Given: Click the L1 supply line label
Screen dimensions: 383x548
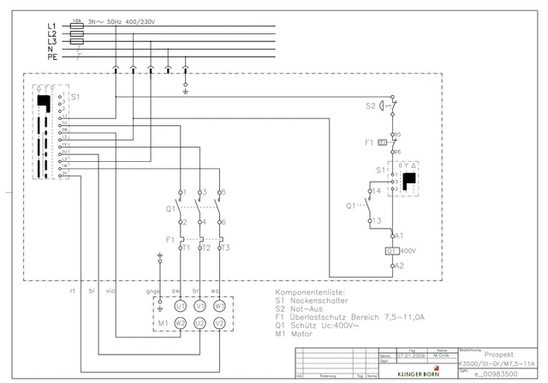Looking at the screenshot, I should [x=51, y=27].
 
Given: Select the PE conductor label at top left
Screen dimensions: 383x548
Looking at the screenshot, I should [x=51, y=57].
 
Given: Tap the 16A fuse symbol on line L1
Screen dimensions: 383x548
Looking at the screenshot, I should [x=77, y=27].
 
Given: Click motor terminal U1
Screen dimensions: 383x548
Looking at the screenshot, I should [x=180, y=305].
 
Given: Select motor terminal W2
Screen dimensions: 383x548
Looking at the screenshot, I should [x=180, y=322].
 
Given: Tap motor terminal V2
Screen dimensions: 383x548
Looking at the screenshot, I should [x=220, y=322].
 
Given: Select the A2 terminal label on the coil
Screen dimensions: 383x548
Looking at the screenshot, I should [x=398, y=266].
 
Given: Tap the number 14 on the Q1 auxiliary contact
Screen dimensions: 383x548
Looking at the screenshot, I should [x=375, y=191].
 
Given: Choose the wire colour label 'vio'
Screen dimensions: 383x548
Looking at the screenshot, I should [x=110, y=291].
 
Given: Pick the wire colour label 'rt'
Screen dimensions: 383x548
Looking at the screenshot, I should [x=73, y=291].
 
